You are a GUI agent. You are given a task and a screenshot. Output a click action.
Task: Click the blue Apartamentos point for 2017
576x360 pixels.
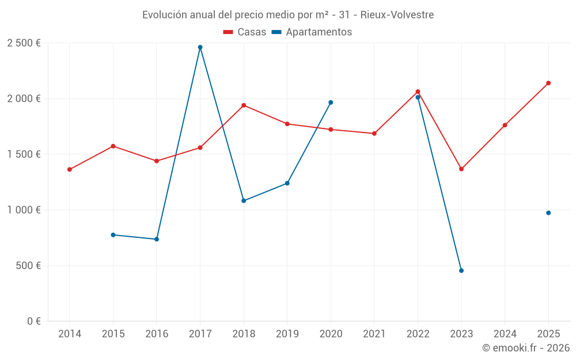point(200,47)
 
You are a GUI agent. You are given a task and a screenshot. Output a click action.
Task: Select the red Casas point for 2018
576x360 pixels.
point(244,105)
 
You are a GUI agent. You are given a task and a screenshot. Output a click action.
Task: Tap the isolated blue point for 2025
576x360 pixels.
point(548,213)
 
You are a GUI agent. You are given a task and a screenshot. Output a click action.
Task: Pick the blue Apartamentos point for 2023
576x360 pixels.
point(461,271)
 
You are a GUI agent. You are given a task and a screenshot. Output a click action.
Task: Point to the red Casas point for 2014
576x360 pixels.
point(70,169)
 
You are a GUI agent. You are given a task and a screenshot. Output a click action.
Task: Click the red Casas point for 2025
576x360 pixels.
point(548,83)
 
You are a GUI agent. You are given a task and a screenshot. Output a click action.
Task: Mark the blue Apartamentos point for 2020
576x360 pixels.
point(331,103)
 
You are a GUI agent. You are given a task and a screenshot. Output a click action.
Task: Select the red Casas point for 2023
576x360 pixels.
point(461,169)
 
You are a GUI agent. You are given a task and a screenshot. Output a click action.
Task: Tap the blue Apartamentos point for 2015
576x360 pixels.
point(113,235)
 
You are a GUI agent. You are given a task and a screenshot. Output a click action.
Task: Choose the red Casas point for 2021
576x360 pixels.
point(374,134)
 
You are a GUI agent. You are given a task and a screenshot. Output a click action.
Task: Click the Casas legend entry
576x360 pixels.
point(245,32)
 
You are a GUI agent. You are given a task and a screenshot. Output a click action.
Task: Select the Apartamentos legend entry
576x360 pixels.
point(312,32)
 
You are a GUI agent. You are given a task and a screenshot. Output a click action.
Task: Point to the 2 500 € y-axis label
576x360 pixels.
point(24,43)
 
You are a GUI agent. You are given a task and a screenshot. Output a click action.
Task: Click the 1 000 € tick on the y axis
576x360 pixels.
point(24,210)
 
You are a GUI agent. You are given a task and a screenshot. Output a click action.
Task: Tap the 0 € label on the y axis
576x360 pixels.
point(32,321)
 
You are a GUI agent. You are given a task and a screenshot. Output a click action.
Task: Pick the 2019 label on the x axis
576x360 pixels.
point(287,334)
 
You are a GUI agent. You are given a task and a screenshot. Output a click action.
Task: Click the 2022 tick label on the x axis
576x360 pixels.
point(418,334)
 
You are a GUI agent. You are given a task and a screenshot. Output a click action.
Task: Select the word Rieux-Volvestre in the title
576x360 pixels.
point(397,15)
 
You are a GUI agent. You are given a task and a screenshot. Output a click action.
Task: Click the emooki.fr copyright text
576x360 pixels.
point(526,348)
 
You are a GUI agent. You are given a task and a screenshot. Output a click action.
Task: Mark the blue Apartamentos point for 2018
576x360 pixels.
point(244,200)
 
